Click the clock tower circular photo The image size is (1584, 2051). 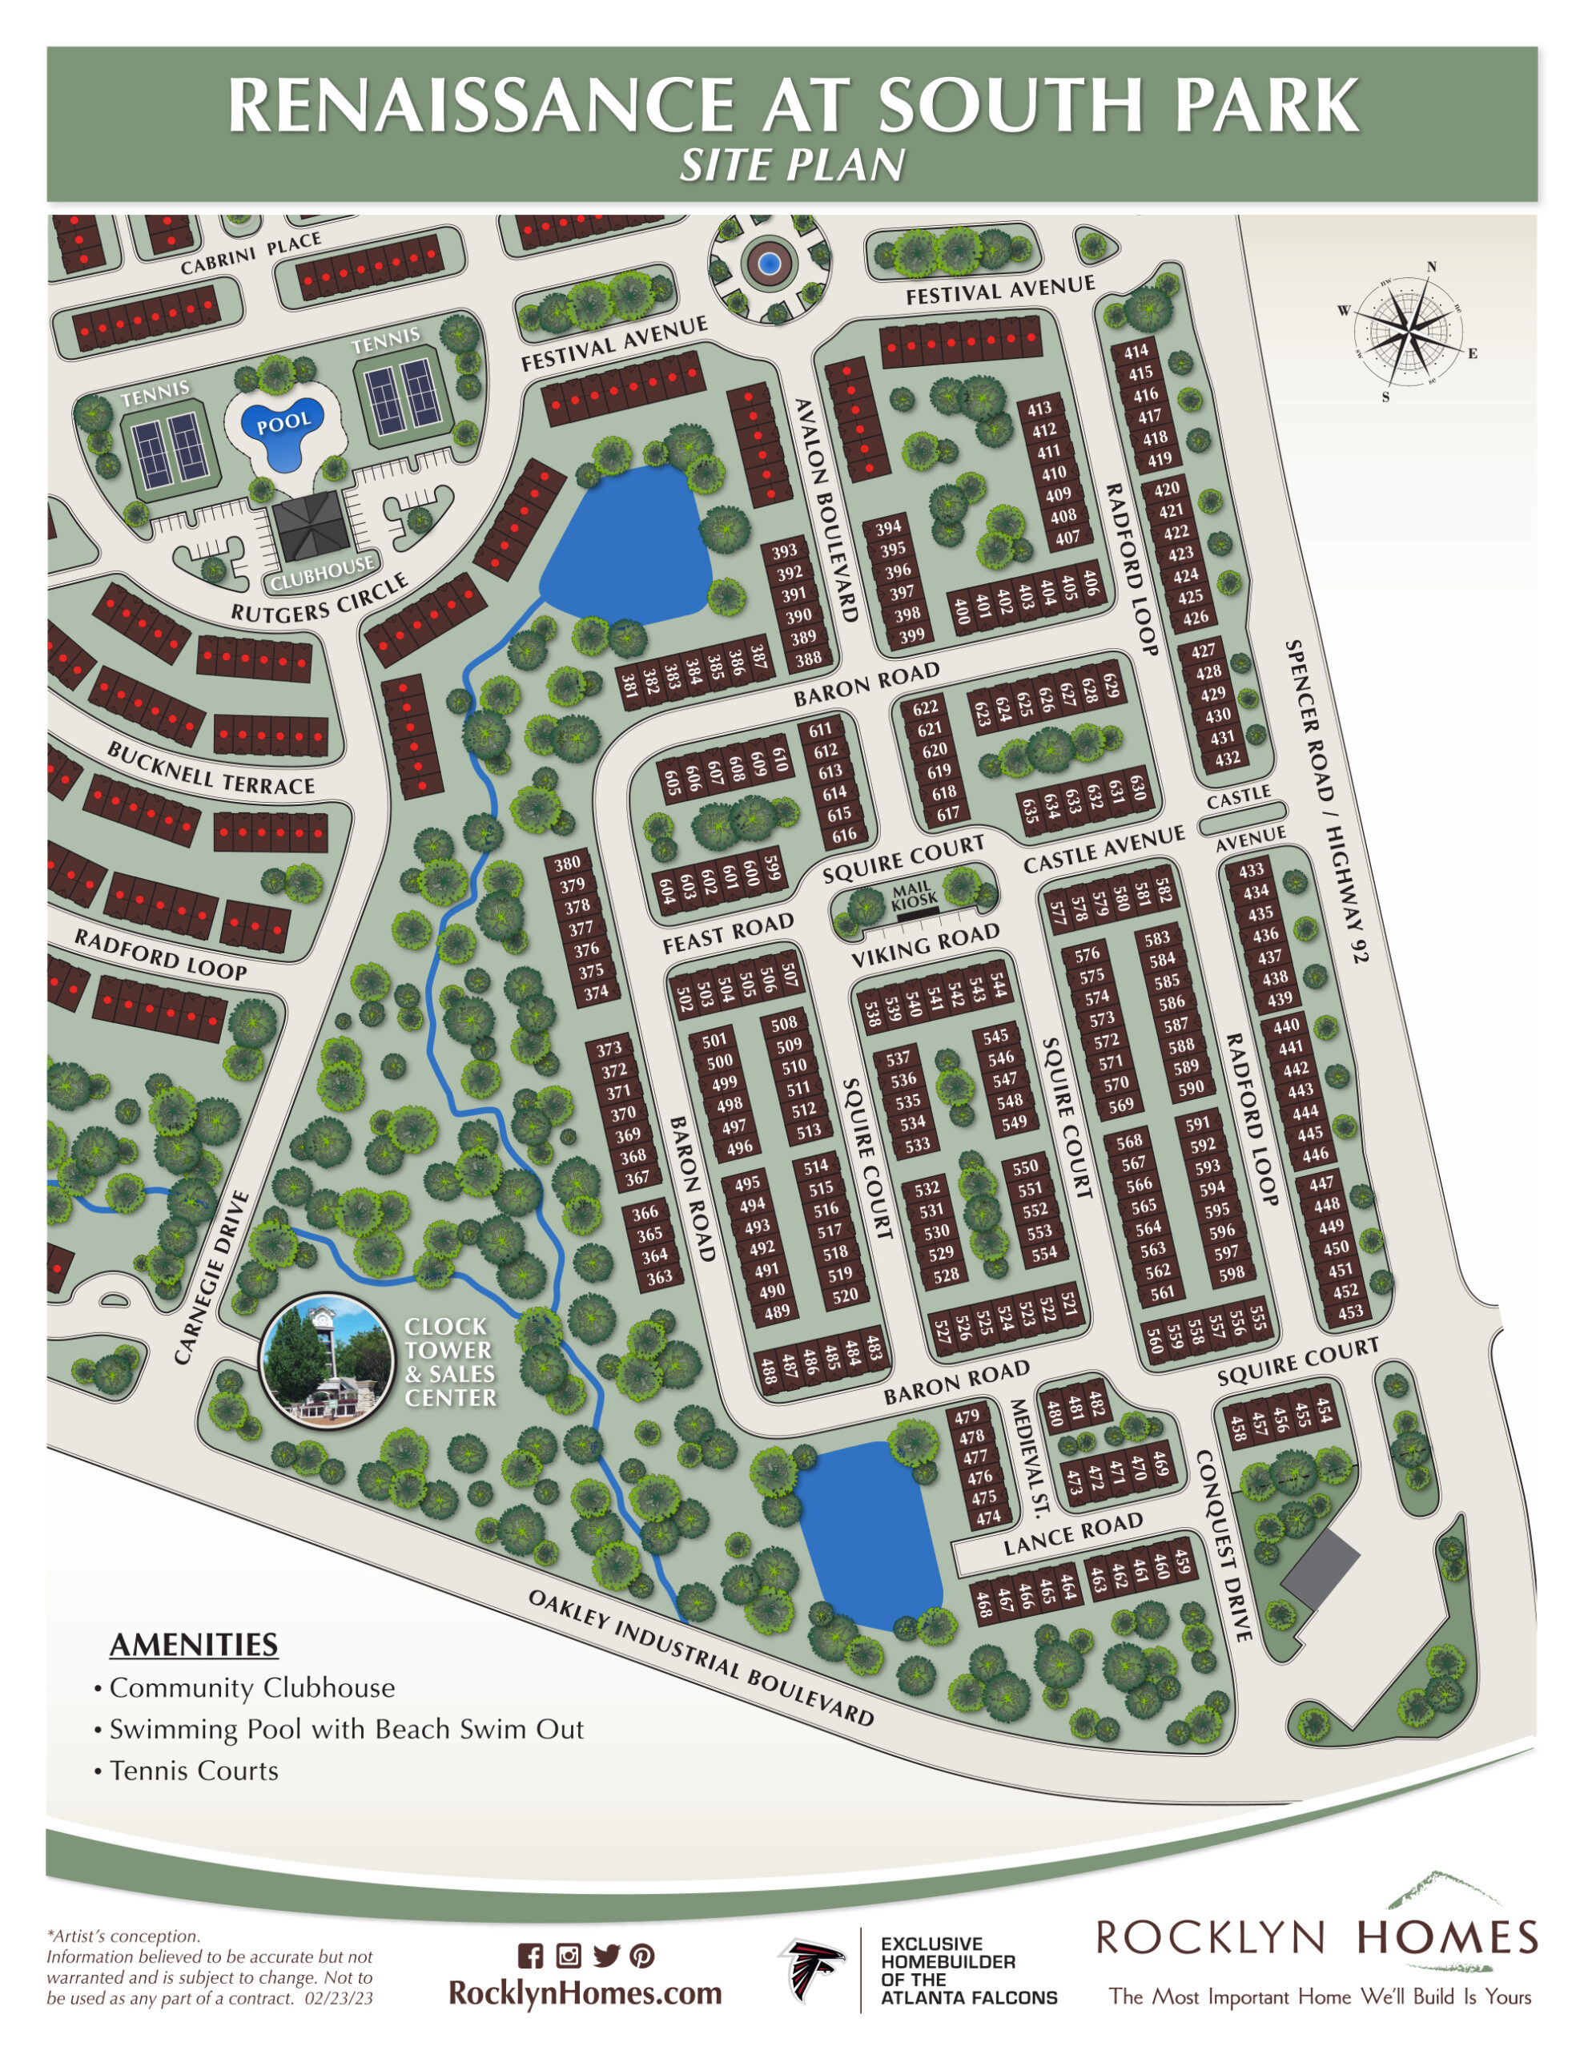pos(326,1360)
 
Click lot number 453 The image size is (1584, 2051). pos(1350,1312)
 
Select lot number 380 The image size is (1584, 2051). pos(568,864)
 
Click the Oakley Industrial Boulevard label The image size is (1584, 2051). pos(701,1658)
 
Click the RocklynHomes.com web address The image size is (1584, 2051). pos(585,1992)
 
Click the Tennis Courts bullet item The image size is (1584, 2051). pos(194,1771)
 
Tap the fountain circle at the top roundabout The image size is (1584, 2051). pos(769,262)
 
